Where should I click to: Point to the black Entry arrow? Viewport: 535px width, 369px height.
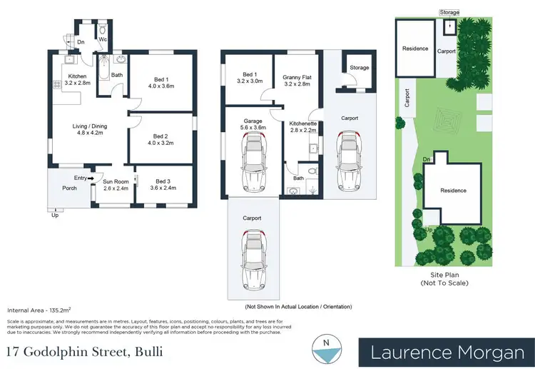(91, 178)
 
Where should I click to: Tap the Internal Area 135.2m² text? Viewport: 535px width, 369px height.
(38, 311)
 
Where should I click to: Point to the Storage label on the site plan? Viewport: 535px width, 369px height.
(449, 12)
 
